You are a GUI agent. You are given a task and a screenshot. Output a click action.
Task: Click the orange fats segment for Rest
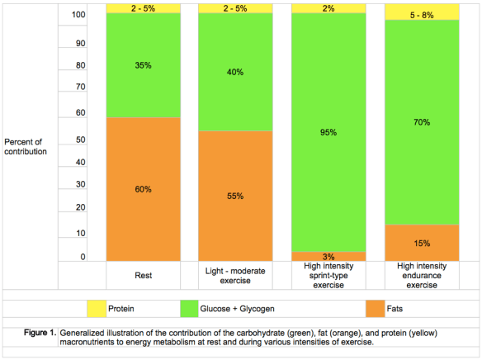pyautogui.click(x=144, y=189)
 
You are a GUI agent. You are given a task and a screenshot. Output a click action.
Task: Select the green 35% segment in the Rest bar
pyautogui.click(x=144, y=65)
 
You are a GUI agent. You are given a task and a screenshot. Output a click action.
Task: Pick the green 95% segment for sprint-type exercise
pyautogui.click(x=328, y=132)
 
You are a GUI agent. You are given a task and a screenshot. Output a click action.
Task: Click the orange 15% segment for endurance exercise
pyautogui.click(x=421, y=243)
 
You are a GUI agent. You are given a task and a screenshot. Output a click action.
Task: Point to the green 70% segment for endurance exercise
pyautogui.click(x=421, y=121)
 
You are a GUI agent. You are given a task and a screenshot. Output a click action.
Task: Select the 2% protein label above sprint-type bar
pyautogui.click(x=328, y=8)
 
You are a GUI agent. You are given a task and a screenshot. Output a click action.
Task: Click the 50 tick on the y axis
pyautogui.click(x=81, y=139)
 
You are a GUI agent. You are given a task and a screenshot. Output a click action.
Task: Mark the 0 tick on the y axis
pyautogui.click(x=83, y=258)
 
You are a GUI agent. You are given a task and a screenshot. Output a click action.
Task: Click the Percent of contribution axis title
pyautogui.click(x=31, y=146)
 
